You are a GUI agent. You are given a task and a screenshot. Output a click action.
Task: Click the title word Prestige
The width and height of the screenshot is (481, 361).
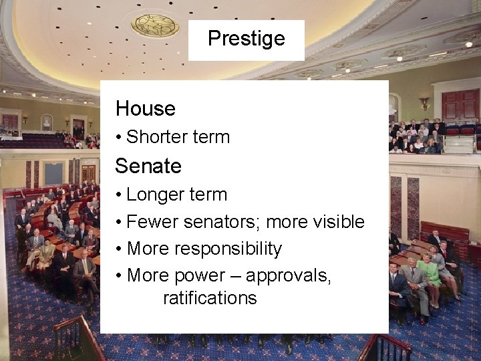[246, 38]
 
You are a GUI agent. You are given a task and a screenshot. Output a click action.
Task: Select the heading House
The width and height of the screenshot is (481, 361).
[145, 108]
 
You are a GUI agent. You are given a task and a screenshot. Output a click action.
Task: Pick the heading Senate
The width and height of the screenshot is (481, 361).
[148, 165]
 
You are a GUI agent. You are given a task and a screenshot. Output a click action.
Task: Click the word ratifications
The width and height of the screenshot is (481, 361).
[210, 297]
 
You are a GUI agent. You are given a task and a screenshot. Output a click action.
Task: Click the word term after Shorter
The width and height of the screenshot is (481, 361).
[210, 137]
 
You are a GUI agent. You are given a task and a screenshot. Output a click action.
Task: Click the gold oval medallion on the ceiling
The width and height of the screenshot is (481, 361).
[154, 25]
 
